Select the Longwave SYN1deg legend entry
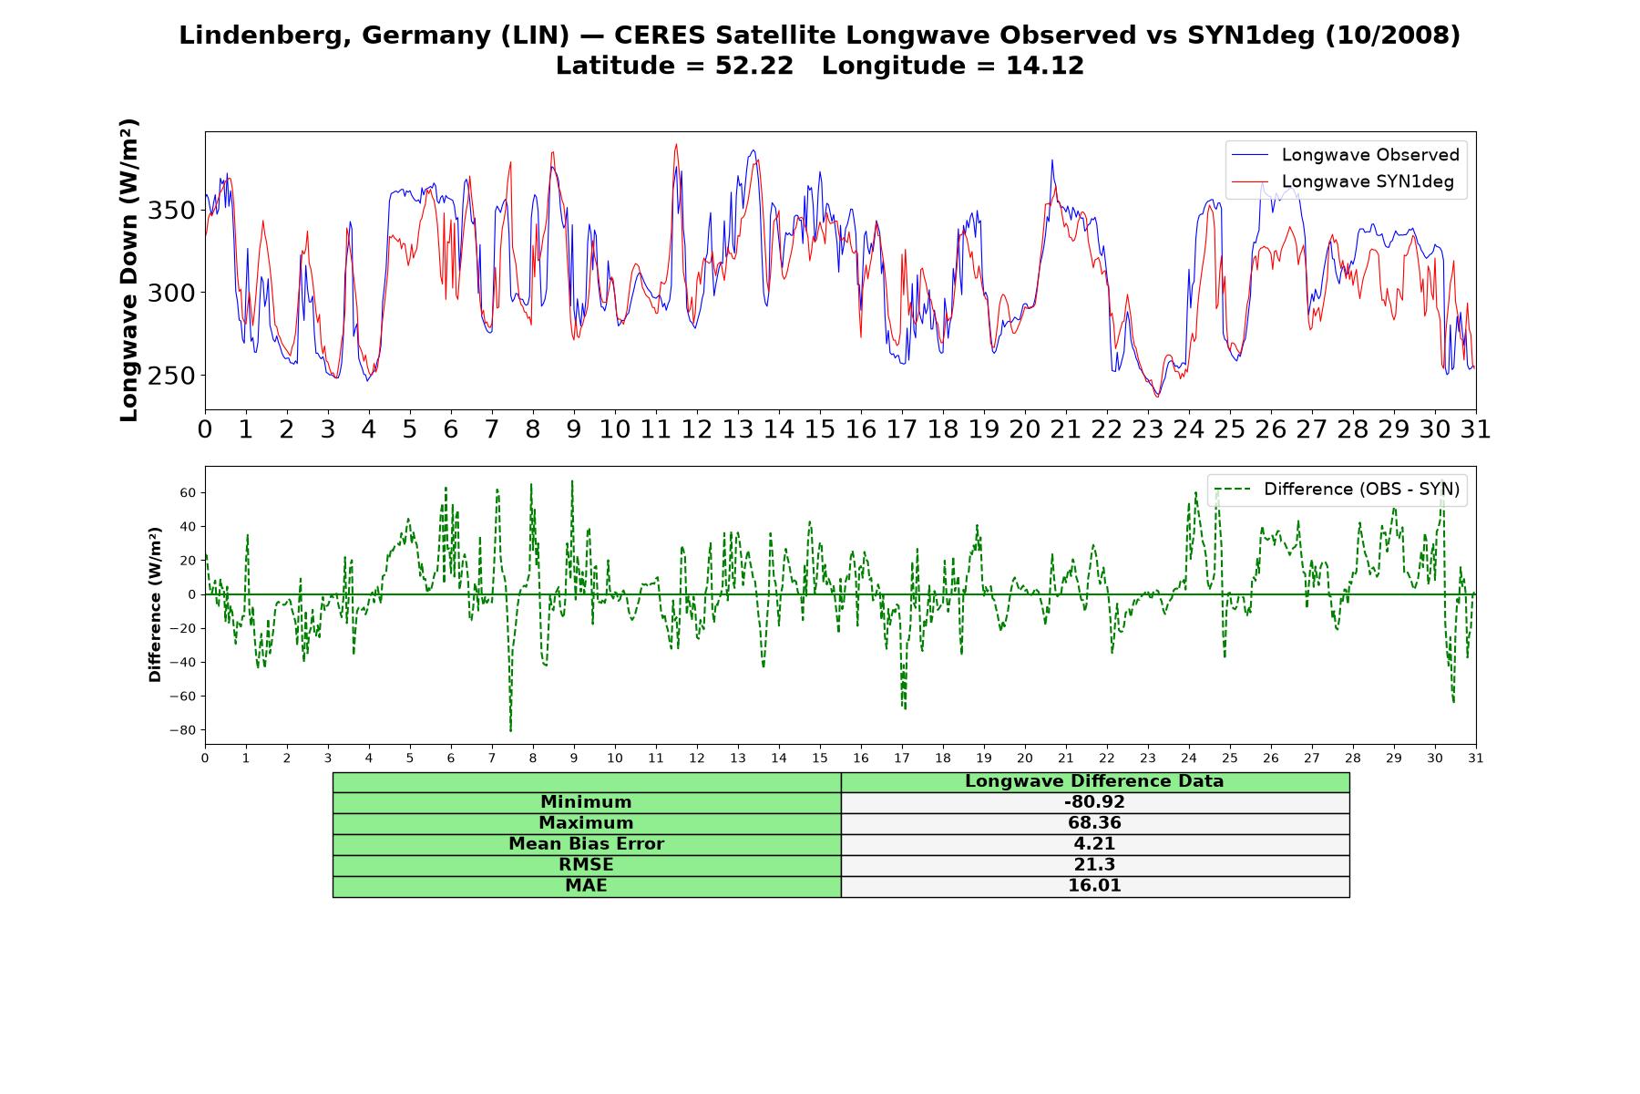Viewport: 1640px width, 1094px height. point(1343,181)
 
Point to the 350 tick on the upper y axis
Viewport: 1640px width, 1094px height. point(171,211)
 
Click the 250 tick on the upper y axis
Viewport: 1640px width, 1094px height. point(171,376)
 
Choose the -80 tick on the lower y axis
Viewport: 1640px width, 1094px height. point(182,730)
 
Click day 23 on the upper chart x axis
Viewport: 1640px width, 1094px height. point(1148,429)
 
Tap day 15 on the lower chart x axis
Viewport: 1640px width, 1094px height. point(820,758)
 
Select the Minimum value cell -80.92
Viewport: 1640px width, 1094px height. point(1094,802)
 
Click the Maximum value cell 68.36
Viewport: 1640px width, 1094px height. point(1094,823)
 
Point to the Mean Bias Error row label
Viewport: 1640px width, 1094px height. point(587,844)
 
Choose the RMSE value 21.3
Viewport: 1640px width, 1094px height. point(1094,865)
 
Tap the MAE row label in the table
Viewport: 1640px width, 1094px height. point(587,886)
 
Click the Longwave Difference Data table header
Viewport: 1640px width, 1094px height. point(1094,781)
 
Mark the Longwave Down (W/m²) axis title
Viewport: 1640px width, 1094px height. point(129,270)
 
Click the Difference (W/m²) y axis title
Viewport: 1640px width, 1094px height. point(155,604)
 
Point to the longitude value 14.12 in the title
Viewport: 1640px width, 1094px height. point(1045,66)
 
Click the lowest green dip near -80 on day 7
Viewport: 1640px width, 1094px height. point(510,730)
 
